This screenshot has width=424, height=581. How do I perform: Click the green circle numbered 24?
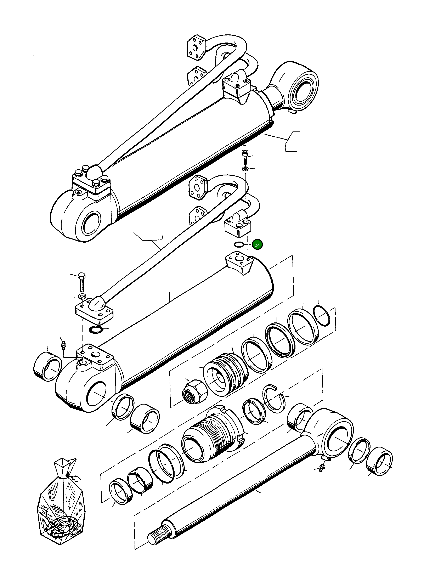[x=257, y=245]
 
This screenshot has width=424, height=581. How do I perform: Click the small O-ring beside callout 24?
[x=239, y=244]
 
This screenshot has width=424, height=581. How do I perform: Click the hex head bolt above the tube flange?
[x=82, y=282]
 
